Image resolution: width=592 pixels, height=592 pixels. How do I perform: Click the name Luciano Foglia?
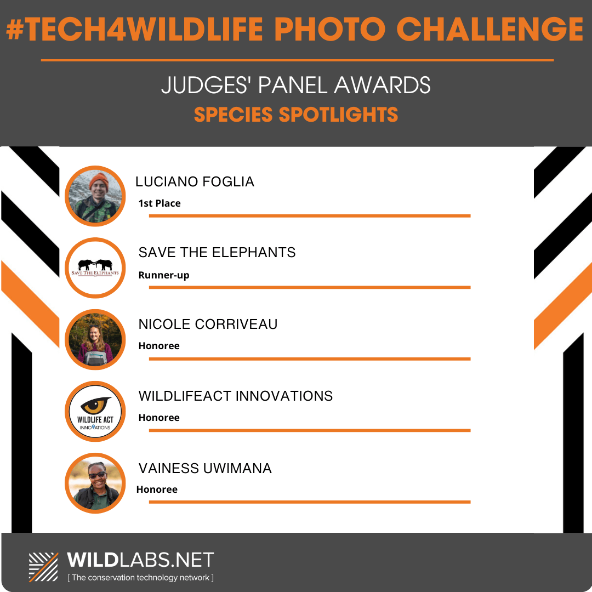click(x=195, y=181)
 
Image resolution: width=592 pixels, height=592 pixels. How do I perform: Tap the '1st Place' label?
click(x=160, y=203)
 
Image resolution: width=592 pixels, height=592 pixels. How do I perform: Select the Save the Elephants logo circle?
click(x=95, y=267)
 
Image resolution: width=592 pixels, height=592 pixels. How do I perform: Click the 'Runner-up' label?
click(x=164, y=275)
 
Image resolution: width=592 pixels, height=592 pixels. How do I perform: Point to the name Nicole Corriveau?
click(x=208, y=325)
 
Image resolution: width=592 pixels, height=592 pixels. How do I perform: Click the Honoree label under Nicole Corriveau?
click(x=159, y=346)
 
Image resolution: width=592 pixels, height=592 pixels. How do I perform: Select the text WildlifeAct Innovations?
click(x=236, y=396)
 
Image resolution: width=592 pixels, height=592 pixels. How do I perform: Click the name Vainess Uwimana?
click(x=205, y=468)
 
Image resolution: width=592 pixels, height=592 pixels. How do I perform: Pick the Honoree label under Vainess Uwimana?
click(x=157, y=489)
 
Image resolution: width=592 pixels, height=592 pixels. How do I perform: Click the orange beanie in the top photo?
click(x=99, y=180)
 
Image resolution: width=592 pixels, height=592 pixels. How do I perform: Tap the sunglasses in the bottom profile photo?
click(x=98, y=475)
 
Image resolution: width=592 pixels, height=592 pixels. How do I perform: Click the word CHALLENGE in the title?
click(x=489, y=29)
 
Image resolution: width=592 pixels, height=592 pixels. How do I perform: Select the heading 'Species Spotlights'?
click(x=296, y=115)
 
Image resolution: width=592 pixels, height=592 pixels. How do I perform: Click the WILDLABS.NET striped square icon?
click(x=43, y=567)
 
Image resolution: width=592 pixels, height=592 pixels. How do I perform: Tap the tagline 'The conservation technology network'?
click(x=140, y=578)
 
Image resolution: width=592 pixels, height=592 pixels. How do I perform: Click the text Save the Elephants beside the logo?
click(x=217, y=253)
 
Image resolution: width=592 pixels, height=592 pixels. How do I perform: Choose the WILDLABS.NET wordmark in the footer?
click(x=140, y=560)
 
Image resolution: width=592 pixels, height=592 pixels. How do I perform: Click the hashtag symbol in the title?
click(x=15, y=29)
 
